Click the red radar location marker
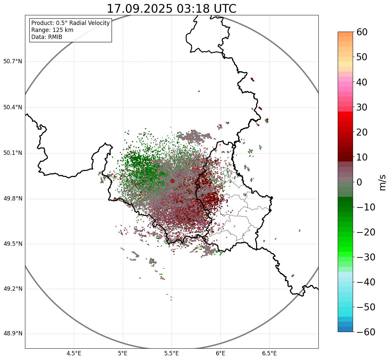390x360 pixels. pos(172,181)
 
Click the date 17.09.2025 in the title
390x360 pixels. pos(140,9)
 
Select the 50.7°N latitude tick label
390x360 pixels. pos(13,61)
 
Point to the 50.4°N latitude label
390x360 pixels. pos(13,107)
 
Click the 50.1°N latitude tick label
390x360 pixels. pos(13,153)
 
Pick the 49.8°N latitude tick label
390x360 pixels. pos(13,199)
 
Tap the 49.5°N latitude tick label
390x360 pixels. pos(13,244)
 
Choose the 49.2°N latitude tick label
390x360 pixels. pos(13,289)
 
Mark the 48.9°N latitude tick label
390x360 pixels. pos(13,334)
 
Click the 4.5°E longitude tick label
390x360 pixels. pos(74,353)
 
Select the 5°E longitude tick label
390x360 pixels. pos(123,353)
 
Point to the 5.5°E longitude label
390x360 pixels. pos(172,353)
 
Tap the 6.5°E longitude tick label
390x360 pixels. pos(269,353)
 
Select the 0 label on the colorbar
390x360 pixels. pos(359,182)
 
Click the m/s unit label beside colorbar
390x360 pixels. pos(382,182)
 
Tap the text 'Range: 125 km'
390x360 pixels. pos(52,30)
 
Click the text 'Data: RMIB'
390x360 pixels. pos(47,37)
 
